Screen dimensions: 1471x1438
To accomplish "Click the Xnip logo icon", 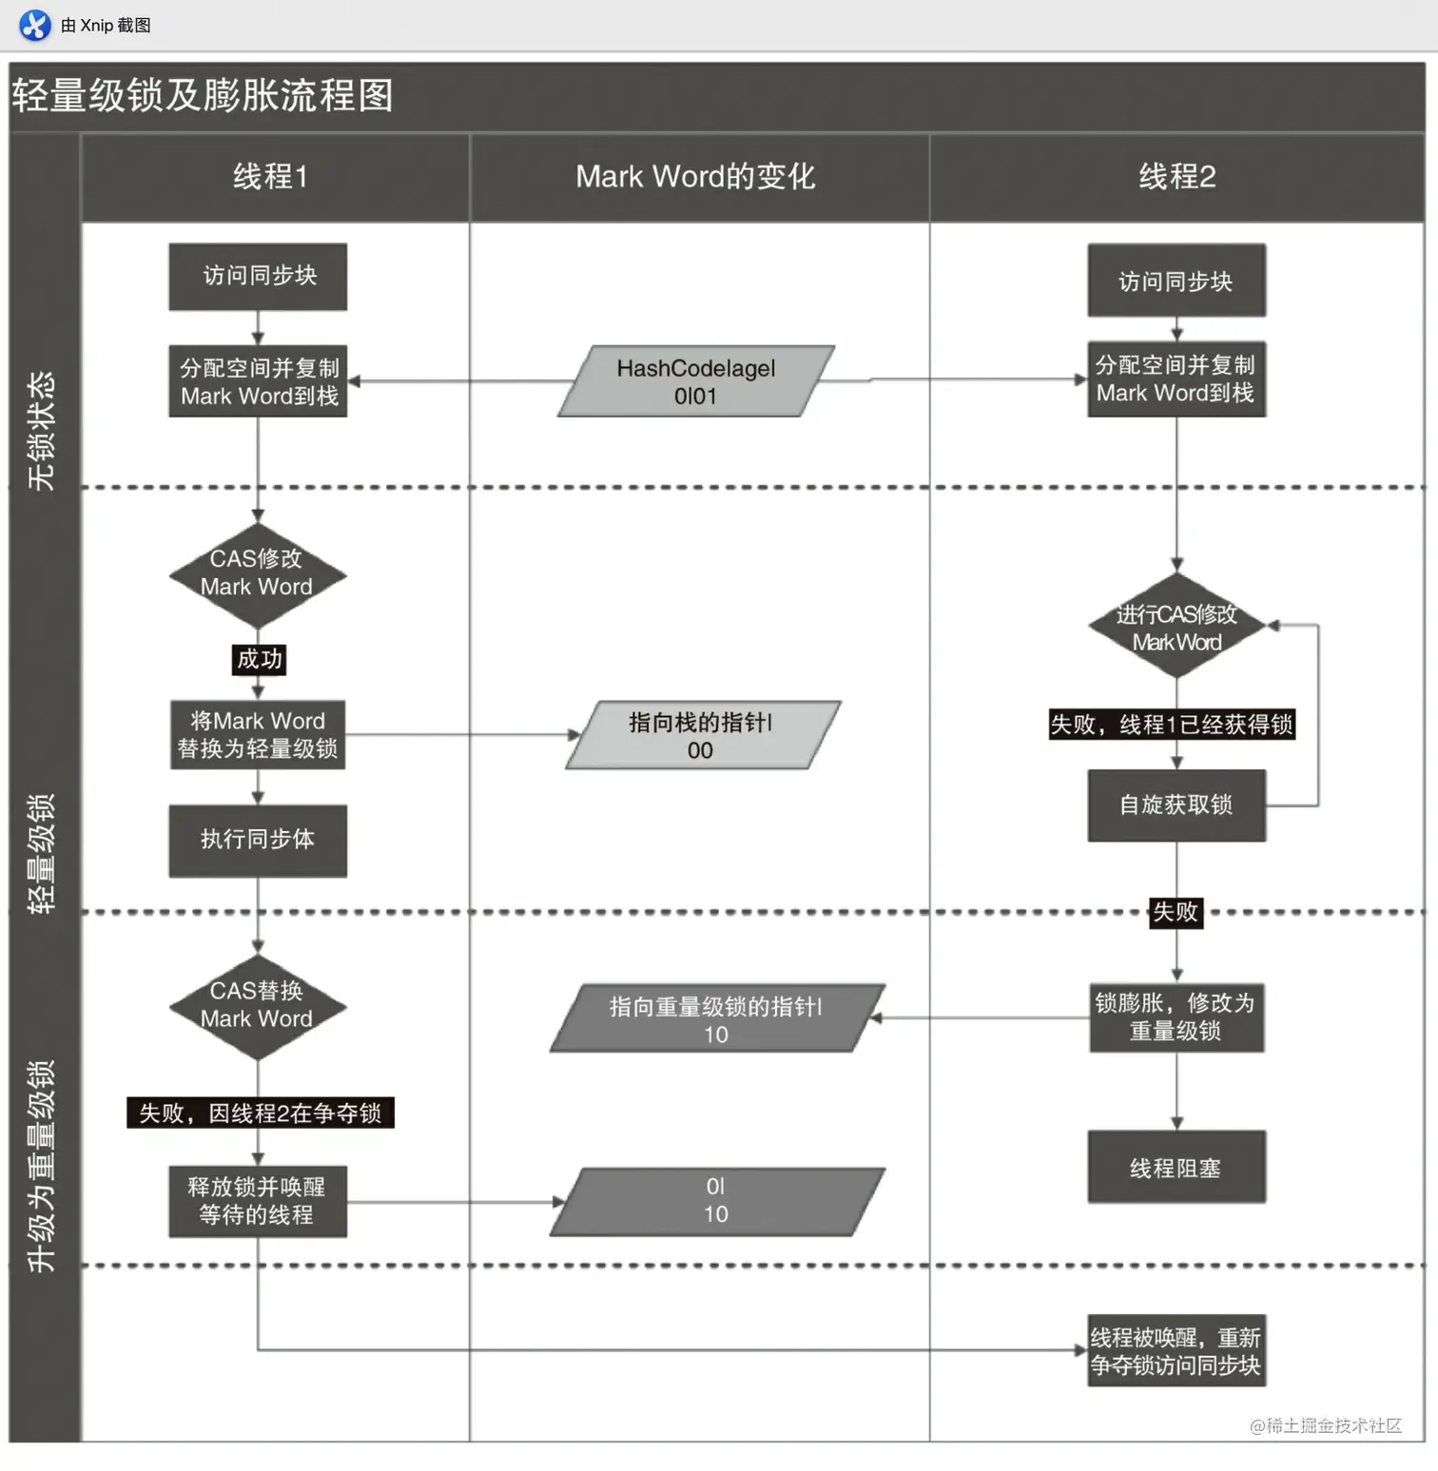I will (35, 25).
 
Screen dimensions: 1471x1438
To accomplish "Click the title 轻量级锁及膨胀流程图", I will (203, 95).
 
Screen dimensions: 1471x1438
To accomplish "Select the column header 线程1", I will (270, 177).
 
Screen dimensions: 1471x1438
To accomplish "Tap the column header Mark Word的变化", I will (695, 177).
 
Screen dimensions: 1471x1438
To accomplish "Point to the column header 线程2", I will (1176, 177).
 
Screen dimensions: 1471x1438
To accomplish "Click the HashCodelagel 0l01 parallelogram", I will (695, 381).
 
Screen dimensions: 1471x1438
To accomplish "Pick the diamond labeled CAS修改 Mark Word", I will (257, 574).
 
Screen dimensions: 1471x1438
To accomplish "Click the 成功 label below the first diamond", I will (259, 659).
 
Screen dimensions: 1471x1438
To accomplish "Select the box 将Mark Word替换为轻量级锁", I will (258, 735).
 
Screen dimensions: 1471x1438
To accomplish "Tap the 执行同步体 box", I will (258, 840).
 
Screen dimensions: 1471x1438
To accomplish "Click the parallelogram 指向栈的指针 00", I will (701, 736).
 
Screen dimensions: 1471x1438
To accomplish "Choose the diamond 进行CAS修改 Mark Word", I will (1176, 627).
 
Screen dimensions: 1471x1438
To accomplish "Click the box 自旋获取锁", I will (1176, 805).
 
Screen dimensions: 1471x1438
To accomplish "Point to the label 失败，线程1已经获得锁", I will (1172, 725).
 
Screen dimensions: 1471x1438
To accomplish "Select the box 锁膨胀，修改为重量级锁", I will (1176, 1017).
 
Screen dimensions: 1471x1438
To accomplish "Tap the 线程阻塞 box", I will (1176, 1168).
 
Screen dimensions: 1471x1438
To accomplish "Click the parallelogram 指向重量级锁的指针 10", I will (715, 1019).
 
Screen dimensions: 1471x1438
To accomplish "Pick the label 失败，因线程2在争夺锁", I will (261, 1113).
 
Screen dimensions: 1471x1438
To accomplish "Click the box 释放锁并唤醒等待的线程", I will (258, 1201).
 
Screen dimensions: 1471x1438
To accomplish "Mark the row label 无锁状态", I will (42, 431).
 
